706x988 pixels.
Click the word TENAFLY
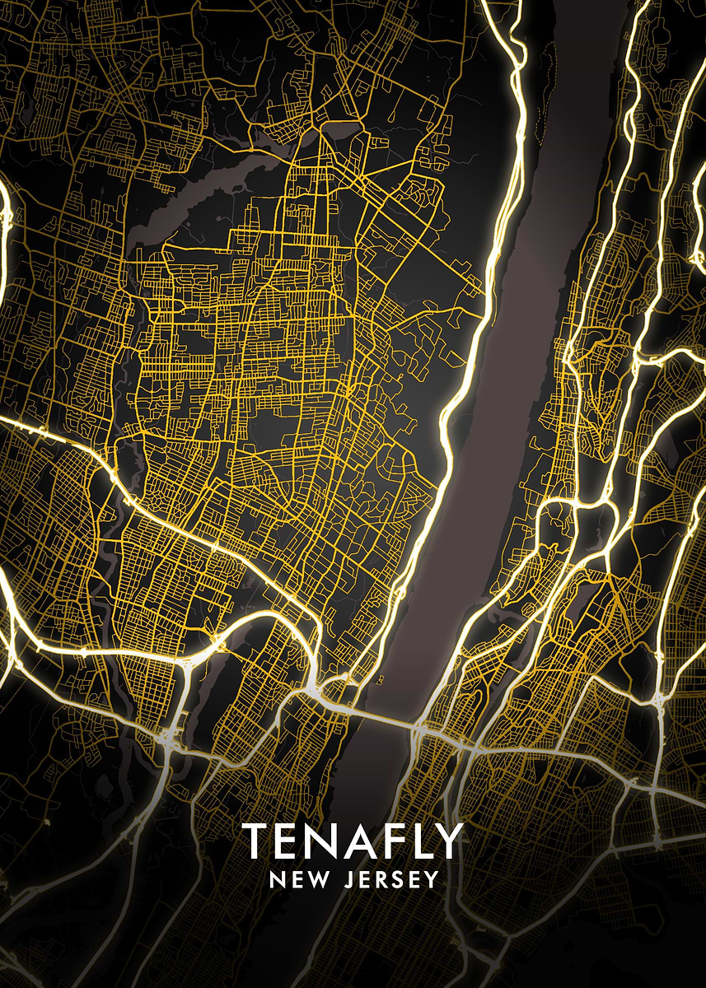[353, 841]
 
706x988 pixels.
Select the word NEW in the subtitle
[298, 880]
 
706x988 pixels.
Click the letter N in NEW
[277, 880]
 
